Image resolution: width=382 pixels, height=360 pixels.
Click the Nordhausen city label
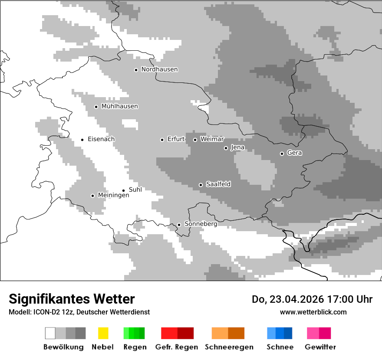[159, 69]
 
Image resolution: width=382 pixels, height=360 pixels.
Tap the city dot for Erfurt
[162, 140]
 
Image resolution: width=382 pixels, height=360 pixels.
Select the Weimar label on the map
[212, 139]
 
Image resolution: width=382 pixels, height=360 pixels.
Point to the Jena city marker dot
[226, 148]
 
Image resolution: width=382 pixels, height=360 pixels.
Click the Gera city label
[294, 153]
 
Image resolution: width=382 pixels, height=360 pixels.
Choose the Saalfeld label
[218, 184]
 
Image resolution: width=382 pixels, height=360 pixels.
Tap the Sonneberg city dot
[179, 225]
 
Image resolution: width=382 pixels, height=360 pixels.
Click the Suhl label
[135, 190]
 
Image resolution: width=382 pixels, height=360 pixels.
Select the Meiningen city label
[113, 196]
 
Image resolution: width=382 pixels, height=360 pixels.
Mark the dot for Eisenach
[82, 140]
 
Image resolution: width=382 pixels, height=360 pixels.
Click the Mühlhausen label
[119, 106]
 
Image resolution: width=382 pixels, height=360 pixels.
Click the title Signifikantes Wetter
[72, 299]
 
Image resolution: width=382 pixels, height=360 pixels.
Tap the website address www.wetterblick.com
[313, 312]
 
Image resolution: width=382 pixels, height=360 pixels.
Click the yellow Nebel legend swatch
[103, 333]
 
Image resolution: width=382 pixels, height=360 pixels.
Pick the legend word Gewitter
[320, 347]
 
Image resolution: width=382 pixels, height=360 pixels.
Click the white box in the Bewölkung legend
[50, 333]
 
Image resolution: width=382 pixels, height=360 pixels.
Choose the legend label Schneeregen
[229, 347]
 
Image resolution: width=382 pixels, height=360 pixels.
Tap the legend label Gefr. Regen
[176, 347]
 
